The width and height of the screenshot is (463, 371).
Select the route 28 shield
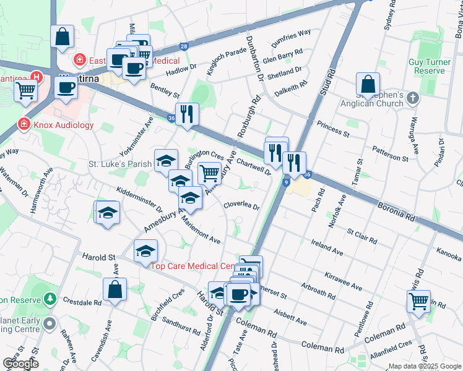pyautogui.click(x=183, y=46)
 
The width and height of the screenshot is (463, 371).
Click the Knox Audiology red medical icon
pyautogui.click(x=24, y=124)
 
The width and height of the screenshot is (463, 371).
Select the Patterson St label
pyautogui.click(x=390, y=154)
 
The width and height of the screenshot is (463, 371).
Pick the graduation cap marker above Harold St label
pyautogui.click(x=145, y=250)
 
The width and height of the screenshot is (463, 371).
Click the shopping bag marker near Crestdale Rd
pyautogui.click(x=115, y=289)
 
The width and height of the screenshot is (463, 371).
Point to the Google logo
pyautogui.click(x=20, y=364)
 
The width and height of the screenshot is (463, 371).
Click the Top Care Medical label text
pyautogui.click(x=192, y=266)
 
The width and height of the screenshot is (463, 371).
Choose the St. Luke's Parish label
pyautogui.click(x=120, y=164)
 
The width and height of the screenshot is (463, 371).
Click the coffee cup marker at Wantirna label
pyautogui.click(x=66, y=88)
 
